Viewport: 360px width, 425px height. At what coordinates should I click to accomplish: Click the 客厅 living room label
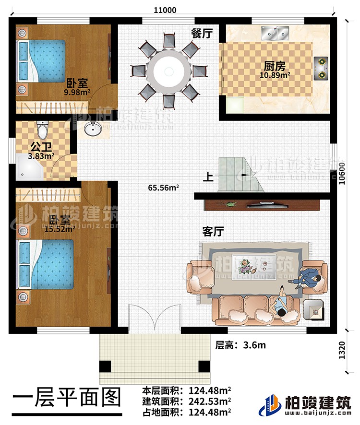tap(213, 232)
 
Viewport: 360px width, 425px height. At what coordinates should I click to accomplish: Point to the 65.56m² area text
tap(164, 188)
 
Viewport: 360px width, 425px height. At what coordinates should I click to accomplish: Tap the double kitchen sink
tap(275, 34)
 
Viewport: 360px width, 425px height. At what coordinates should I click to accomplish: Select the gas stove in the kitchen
tap(321, 68)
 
